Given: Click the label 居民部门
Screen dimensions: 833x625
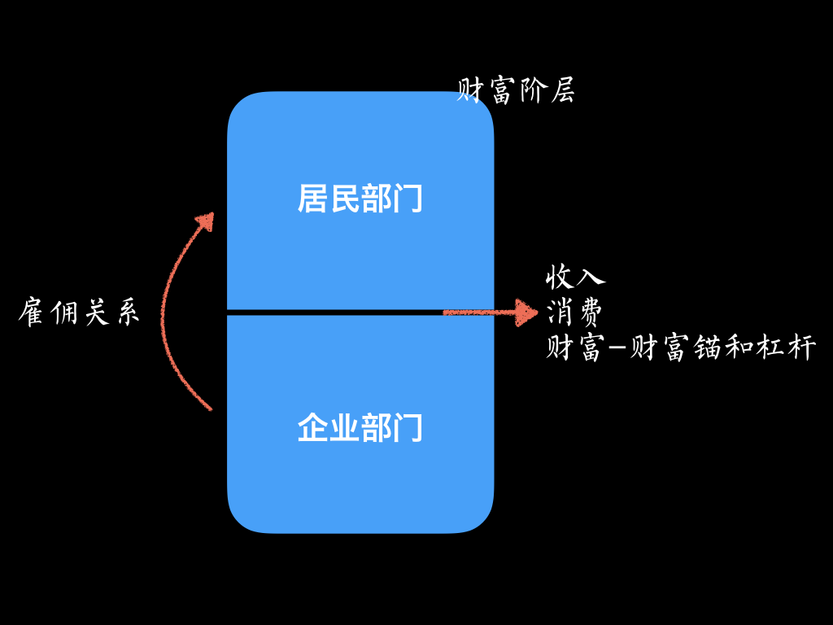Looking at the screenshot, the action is [x=360, y=199].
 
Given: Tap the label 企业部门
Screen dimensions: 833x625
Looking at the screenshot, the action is [x=360, y=427].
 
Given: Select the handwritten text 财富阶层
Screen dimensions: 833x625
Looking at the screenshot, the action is [x=516, y=90].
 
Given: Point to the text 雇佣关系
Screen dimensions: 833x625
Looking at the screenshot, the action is [x=79, y=312].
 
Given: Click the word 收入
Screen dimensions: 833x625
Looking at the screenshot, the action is [x=575, y=277].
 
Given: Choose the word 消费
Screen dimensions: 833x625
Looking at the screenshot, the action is [x=574, y=312].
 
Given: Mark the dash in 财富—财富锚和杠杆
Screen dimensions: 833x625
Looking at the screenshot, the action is [x=617, y=348].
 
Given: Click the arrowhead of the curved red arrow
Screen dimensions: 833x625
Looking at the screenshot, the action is [x=206, y=221].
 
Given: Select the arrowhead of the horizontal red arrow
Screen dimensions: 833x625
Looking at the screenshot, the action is [x=526, y=312].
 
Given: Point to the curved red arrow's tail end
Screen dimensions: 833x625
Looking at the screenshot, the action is [x=211, y=409].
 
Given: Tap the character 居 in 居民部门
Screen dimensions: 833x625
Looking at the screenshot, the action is [x=312, y=199].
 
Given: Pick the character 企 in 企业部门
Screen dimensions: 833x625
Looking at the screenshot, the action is [x=312, y=427].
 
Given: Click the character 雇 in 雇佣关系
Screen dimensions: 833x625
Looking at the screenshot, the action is [x=32, y=312].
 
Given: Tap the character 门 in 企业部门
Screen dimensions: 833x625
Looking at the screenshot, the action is [x=408, y=427].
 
